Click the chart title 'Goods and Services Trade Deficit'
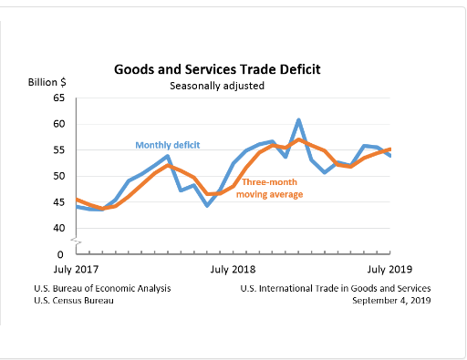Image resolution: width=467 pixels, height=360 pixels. point(216,69)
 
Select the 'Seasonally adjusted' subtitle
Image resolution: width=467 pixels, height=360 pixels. point(216,86)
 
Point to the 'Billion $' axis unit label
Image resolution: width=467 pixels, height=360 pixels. point(47,82)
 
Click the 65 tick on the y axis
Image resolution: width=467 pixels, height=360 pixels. point(59,98)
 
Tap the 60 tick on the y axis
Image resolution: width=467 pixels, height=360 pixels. point(59,124)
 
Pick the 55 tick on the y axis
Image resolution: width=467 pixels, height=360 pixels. point(59,149)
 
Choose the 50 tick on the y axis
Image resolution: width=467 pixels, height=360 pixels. point(59,176)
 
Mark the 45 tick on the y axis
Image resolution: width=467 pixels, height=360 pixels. point(59,201)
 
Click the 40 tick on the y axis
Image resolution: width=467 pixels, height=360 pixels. point(59,228)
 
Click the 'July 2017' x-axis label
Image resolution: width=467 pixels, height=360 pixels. point(77,270)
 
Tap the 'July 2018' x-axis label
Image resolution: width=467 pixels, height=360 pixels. point(233,270)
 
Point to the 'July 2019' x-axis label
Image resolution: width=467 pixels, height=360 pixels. point(390,270)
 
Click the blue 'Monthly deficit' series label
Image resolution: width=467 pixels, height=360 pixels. point(168,145)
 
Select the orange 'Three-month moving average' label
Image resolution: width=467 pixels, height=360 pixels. point(272,189)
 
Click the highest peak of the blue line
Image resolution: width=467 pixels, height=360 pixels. point(298,120)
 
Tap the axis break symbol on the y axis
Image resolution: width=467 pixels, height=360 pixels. point(77,241)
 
